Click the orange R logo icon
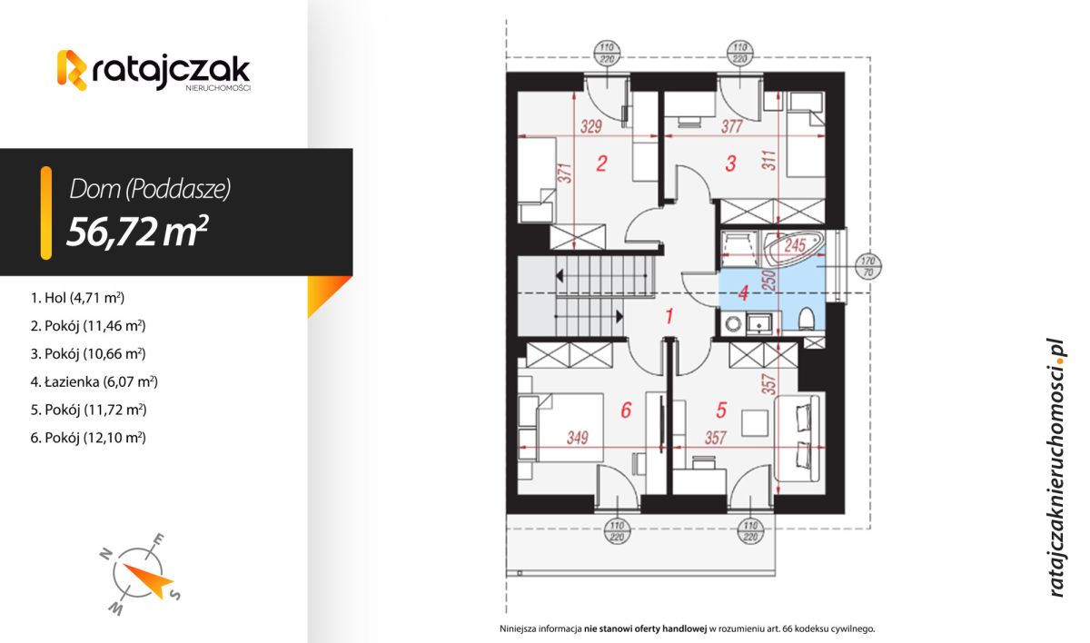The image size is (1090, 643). (72, 70)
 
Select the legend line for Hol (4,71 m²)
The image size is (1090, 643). (76, 297)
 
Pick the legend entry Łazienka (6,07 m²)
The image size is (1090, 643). (94, 381)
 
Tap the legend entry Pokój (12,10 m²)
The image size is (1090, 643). (88, 438)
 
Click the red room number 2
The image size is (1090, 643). (600, 164)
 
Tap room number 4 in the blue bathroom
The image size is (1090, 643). (742, 293)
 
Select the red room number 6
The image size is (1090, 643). (625, 411)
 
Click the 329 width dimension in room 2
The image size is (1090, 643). (590, 127)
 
